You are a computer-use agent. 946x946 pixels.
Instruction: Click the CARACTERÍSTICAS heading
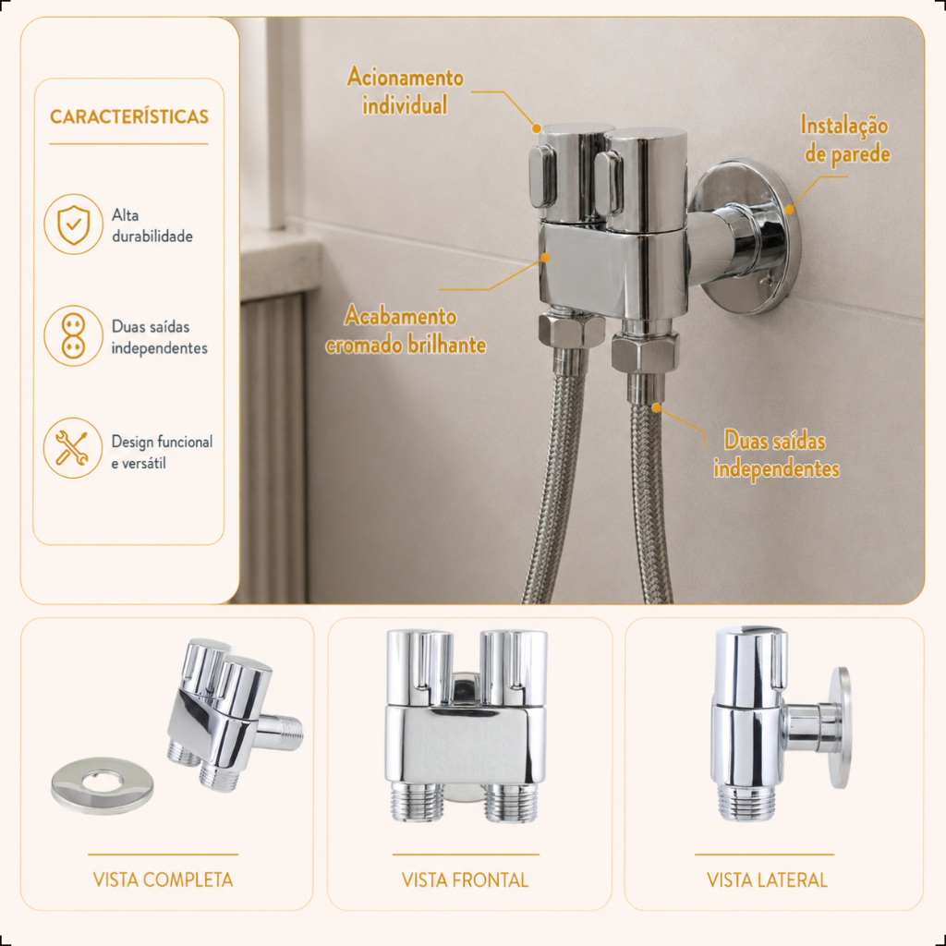129,116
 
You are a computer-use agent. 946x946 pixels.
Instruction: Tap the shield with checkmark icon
74,224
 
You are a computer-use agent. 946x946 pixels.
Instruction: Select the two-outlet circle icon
74,336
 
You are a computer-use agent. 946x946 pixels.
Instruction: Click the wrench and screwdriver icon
73,448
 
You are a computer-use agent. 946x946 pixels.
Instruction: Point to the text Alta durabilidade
152,225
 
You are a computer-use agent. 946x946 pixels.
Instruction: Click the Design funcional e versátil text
162,452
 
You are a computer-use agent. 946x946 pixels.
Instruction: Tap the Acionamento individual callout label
405,91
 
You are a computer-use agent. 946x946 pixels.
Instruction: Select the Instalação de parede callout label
845,139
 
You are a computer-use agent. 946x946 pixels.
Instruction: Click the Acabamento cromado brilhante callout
406,330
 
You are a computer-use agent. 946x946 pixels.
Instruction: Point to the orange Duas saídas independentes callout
776,455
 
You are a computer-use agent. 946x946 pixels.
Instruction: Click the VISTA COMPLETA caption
163,879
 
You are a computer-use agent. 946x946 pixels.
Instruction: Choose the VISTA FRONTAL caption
466,880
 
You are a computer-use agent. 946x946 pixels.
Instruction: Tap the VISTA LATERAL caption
767,880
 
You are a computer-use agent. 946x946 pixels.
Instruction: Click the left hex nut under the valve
571,329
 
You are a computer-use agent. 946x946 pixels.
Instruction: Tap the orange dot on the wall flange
789,210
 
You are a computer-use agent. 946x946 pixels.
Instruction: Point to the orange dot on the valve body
545,258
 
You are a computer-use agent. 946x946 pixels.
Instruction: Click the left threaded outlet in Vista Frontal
418,802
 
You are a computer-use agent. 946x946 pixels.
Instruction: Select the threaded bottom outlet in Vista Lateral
746,802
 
